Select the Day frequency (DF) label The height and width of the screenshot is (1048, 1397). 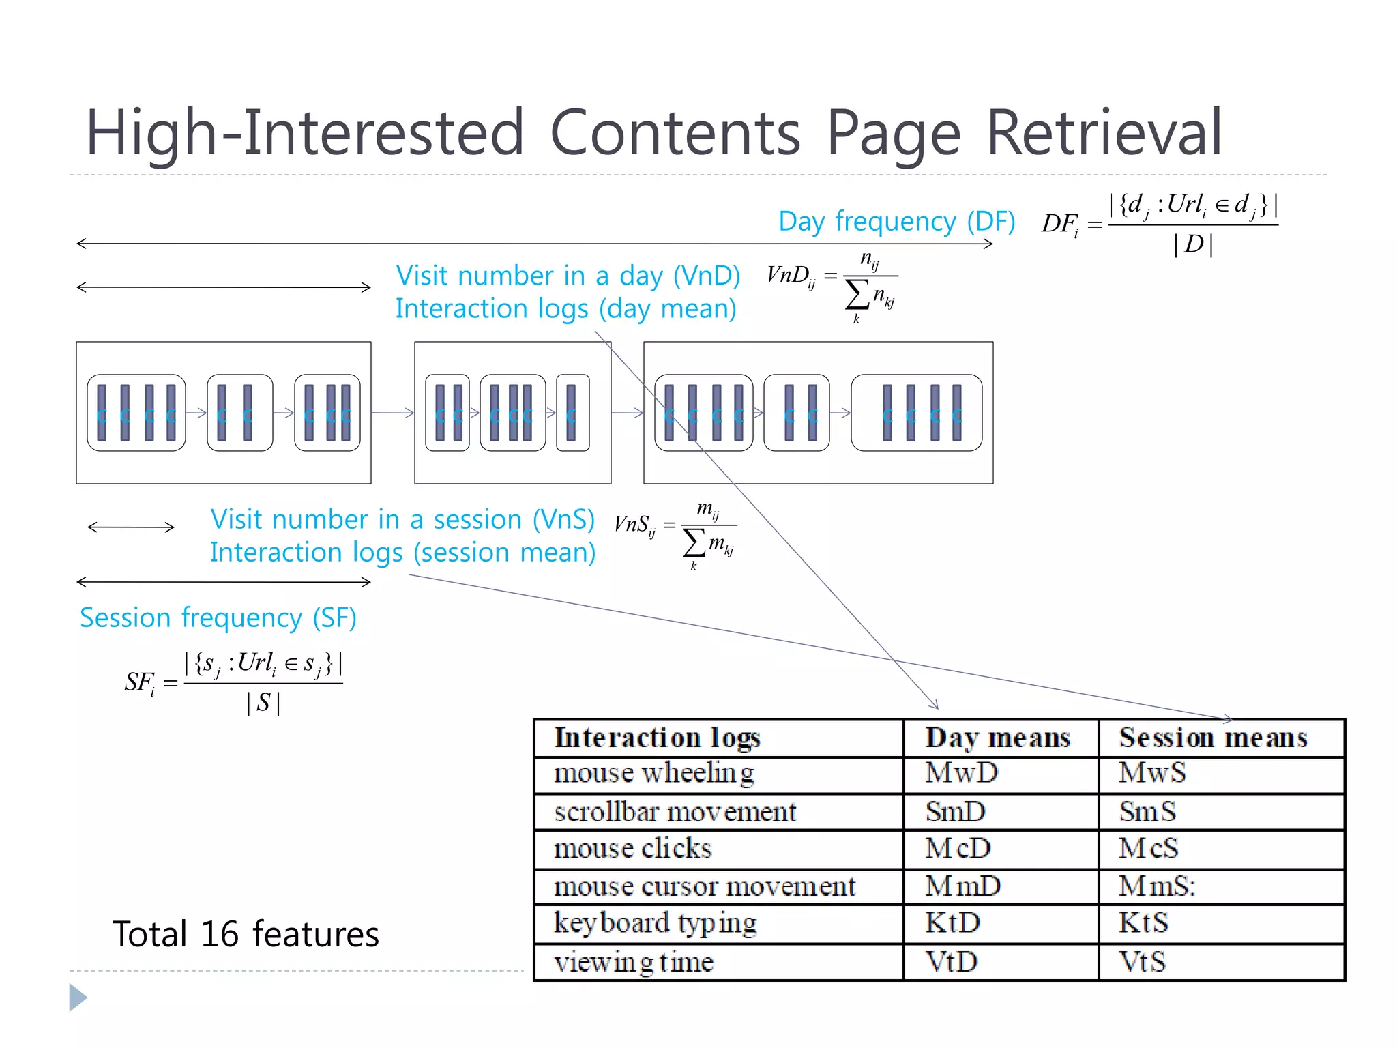pyautogui.click(x=896, y=222)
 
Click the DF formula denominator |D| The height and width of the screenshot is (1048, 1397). pyautogui.click(x=1193, y=244)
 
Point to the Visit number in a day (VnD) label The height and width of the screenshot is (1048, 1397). pyautogui.click(x=568, y=276)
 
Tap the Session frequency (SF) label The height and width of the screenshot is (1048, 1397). pyautogui.click(x=218, y=617)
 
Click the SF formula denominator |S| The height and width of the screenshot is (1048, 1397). pyautogui.click(x=263, y=702)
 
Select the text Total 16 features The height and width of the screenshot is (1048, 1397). pyautogui.click(x=246, y=934)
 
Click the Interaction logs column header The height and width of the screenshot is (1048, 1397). pyautogui.click(x=657, y=738)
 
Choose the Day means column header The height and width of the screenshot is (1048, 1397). pyautogui.click(x=997, y=738)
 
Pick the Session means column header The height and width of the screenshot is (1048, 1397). pyautogui.click(x=1213, y=738)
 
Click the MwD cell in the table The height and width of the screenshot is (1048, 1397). pyautogui.click(x=961, y=773)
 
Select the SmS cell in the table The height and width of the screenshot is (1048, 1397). pyautogui.click(x=1147, y=812)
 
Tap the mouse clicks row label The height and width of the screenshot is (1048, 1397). pyautogui.click(x=632, y=849)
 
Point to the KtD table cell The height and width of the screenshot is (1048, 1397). pyautogui.click(x=952, y=923)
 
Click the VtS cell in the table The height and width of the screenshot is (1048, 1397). pyautogui.click(x=1142, y=962)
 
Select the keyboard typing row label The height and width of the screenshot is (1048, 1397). pyautogui.click(x=655, y=923)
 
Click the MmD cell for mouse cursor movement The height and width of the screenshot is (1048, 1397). pyautogui.click(x=962, y=886)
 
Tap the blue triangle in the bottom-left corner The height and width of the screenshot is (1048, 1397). pyautogui.click(x=77, y=998)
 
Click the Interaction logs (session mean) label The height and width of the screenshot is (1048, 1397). pyautogui.click(x=402, y=552)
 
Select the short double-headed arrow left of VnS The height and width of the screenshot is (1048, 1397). pyautogui.click(x=131, y=527)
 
